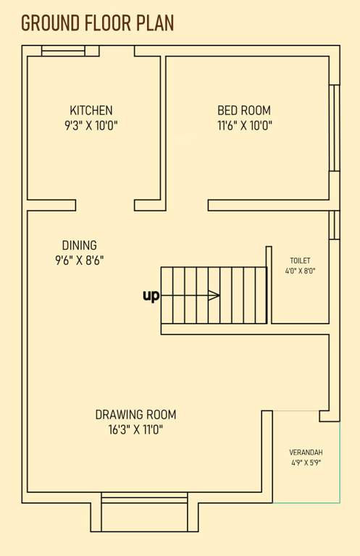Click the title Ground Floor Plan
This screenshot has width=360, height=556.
(97, 23)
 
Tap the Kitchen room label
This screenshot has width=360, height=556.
(91, 111)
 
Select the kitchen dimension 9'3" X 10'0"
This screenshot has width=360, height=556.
(91, 126)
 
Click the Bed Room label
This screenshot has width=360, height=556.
(244, 111)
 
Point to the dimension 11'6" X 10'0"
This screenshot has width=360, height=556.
(244, 126)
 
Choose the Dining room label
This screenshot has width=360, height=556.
(79, 245)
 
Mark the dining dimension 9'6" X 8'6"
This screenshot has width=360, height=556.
(79, 261)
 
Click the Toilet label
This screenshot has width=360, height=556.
(300, 260)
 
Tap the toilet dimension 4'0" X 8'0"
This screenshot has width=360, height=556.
(300, 271)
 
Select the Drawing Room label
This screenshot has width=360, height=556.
(135, 415)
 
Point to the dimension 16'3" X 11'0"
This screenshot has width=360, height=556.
(135, 430)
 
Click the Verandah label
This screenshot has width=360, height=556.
(306, 452)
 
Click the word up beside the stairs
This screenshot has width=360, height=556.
(151, 295)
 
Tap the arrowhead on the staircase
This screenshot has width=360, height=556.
(215, 295)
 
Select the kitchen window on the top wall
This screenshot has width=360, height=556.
(63, 51)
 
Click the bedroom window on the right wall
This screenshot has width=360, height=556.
(334, 128)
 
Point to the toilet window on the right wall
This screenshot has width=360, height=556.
(334, 224)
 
